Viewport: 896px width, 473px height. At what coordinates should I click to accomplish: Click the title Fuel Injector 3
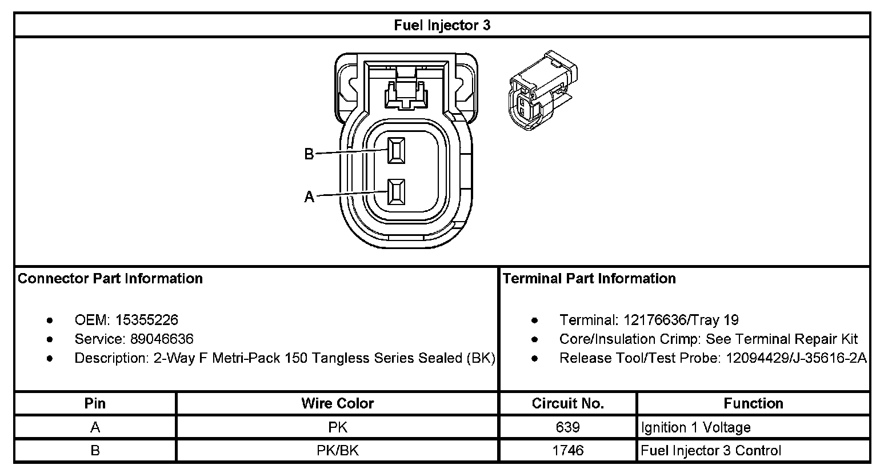(x=442, y=26)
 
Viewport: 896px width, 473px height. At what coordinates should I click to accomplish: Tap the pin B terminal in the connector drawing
(x=395, y=151)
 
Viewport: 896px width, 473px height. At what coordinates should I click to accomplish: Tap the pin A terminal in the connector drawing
(x=395, y=193)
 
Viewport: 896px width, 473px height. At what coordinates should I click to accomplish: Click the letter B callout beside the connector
(x=309, y=154)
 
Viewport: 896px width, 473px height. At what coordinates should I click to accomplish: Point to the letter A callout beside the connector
(x=309, y=197)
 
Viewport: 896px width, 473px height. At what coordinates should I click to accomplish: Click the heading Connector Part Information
(x=110, y=279)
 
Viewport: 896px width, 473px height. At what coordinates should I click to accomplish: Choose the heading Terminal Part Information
(x=589, y=279)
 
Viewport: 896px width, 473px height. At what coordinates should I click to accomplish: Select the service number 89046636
(x=162, y=339)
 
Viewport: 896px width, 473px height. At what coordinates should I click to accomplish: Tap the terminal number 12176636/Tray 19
(x=681, y=320)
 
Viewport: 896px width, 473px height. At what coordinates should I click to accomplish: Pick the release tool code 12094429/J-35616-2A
(x=796, y=358)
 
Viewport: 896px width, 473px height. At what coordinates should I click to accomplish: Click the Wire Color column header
(x=337, y=403)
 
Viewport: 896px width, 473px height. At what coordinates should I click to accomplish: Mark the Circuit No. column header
(x=567, y=403)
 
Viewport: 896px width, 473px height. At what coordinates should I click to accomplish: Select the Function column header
(x=753, y=403)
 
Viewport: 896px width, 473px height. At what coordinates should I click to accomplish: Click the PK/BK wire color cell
(x=337, y=450)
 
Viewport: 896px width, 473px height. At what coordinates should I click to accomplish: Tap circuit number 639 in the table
(x=567, y=427)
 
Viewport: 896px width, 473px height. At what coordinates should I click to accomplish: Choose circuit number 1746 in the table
(x=567, y=450)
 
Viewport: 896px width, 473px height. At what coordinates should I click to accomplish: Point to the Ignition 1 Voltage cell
(x=695, y=427)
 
